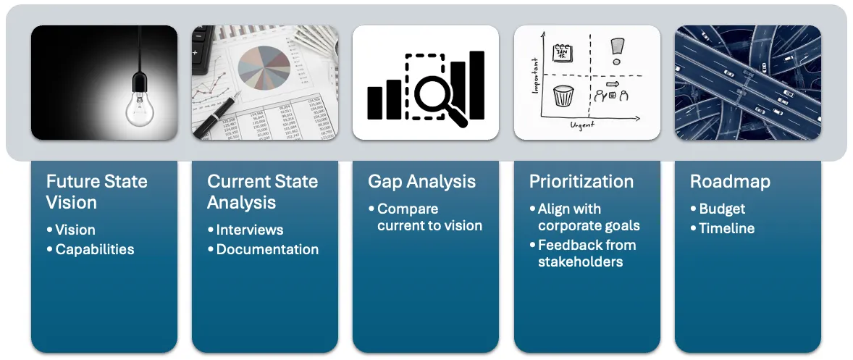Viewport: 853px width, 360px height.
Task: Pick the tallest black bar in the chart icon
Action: point(476,85)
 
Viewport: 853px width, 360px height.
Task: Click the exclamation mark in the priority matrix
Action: point(615,51)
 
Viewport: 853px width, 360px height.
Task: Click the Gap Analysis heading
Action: point(421,181)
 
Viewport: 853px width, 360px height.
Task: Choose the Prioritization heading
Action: point(581,181)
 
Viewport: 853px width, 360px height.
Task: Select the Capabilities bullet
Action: point(94,249)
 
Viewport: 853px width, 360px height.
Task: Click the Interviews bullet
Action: point(249,230)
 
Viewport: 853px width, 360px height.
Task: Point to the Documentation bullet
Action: point(266,249)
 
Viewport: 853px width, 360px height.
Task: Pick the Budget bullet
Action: point(721,209)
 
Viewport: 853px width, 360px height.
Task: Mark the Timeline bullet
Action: point(726,228)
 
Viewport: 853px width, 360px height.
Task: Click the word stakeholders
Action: point(580,261)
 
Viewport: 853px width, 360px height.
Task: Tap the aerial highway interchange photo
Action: point(747,82)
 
